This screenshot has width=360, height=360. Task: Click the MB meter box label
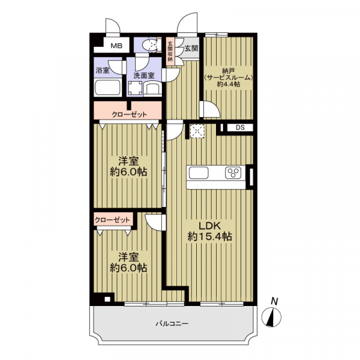(x=116, y=46)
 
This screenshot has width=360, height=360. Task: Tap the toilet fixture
(x=151, y=44)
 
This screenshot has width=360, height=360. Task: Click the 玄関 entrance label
(x=191, y=49)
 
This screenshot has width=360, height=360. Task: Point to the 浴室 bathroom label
(x=103, y=70)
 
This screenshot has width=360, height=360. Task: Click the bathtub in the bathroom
(x=107, y=88)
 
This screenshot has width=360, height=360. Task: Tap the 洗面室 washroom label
(x=144, y=76)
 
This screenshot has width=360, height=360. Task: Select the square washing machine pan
(x=136, y=88)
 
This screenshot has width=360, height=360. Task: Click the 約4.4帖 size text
(x=229, y=84)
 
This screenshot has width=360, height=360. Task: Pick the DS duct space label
(x=240, y=128)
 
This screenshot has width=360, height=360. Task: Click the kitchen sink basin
(x=199, y=173)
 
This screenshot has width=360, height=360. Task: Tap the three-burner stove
(x=233, y=173)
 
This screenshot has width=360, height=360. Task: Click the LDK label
(x=209, y=226)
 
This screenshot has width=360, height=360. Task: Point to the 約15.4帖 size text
(x=209, y=236)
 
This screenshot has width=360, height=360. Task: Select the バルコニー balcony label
(x=172, y=324)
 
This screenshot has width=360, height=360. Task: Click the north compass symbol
(x=271, y=317)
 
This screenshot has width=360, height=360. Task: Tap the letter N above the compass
(x=274, y=301)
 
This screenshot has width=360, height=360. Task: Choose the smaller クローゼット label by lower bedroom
(x=112, y=220)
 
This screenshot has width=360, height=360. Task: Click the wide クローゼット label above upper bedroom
(x=129, y=115)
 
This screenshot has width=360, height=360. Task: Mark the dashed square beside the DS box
(x=197, y=131)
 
